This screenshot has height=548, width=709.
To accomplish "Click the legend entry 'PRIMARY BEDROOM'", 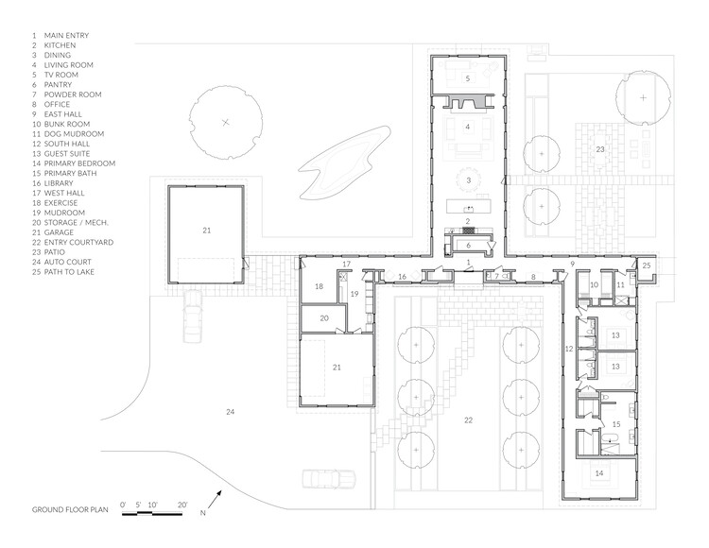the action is pyautogui.click(x=79, y=163).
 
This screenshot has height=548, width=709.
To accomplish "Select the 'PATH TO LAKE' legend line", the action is pyautogui.click(x=69, y=272).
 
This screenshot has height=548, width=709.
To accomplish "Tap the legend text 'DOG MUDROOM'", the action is pyautogui.click(x=74, y=134).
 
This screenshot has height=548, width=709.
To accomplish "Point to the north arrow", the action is pyautogui.click(x=215, y=496).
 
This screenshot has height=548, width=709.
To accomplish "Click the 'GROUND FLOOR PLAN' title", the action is pyautogui.click(x=70, y=509).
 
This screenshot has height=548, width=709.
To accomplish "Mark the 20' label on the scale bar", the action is pyautogui.click(x=182, y=505).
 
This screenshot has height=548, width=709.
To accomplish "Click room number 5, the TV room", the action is pyautogui.click(x=468, y=78).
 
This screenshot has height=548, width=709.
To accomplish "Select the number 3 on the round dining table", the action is pyautogui.click(x=469, y=180).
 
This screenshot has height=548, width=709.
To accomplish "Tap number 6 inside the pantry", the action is pyautogui.click(x=469, y=246).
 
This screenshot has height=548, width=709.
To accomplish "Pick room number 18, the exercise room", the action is pyautogui.click(x=320, y=286).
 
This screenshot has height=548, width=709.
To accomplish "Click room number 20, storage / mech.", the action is pyautogui.click(x=324, y=318).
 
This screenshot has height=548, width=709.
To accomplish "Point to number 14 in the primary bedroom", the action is pyautogui.click(x=599, y=473).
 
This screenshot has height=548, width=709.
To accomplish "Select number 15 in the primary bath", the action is pyautogui.click(x=616, y=424).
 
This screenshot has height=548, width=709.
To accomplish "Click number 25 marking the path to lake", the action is pyautogui.click(x=647, y=265).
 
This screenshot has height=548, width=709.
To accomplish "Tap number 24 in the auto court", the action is pyautogui.click(x=230, y=412).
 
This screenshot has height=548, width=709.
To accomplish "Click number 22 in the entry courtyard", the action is pyautogui.click(x=468, y=420).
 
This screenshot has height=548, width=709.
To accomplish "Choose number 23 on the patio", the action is pyautogui.click(x=600, y=149).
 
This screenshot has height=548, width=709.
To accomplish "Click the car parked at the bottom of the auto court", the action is pyautogui.click(x=329, y=479).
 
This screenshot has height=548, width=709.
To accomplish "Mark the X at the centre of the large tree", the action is pyautogui.click(x=226, y=122).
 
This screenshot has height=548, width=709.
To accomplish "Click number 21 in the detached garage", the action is pyautogui.click(x=207, y=231).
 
